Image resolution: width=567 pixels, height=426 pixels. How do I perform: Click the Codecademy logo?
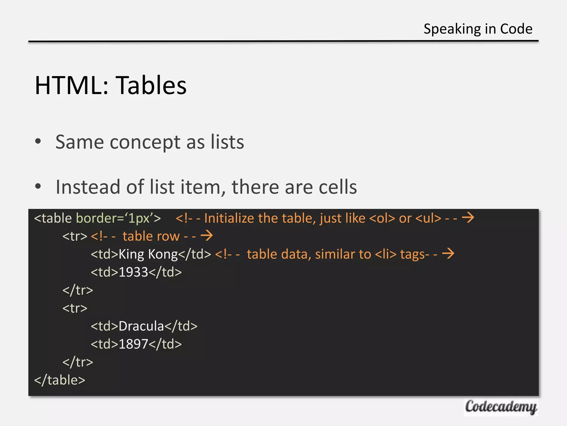(501, 407)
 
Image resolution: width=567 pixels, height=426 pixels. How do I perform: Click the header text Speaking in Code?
(478, 29)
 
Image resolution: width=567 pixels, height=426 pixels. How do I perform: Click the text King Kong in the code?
(148, 254)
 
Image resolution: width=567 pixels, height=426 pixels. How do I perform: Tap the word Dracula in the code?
(141, 326)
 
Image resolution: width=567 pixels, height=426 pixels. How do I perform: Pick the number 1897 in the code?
(133, 344)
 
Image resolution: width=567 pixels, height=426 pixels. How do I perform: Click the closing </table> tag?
(60, 380)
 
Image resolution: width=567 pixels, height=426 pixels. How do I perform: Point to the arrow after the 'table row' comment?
(207, 236)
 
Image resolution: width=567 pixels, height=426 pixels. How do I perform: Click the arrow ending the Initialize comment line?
(468, 218)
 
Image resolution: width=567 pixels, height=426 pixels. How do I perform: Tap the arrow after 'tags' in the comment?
(448, 254)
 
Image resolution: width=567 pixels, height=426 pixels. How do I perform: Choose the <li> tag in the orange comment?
(386, 254)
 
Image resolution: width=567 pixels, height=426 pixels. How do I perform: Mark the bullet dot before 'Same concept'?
(38, 141)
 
